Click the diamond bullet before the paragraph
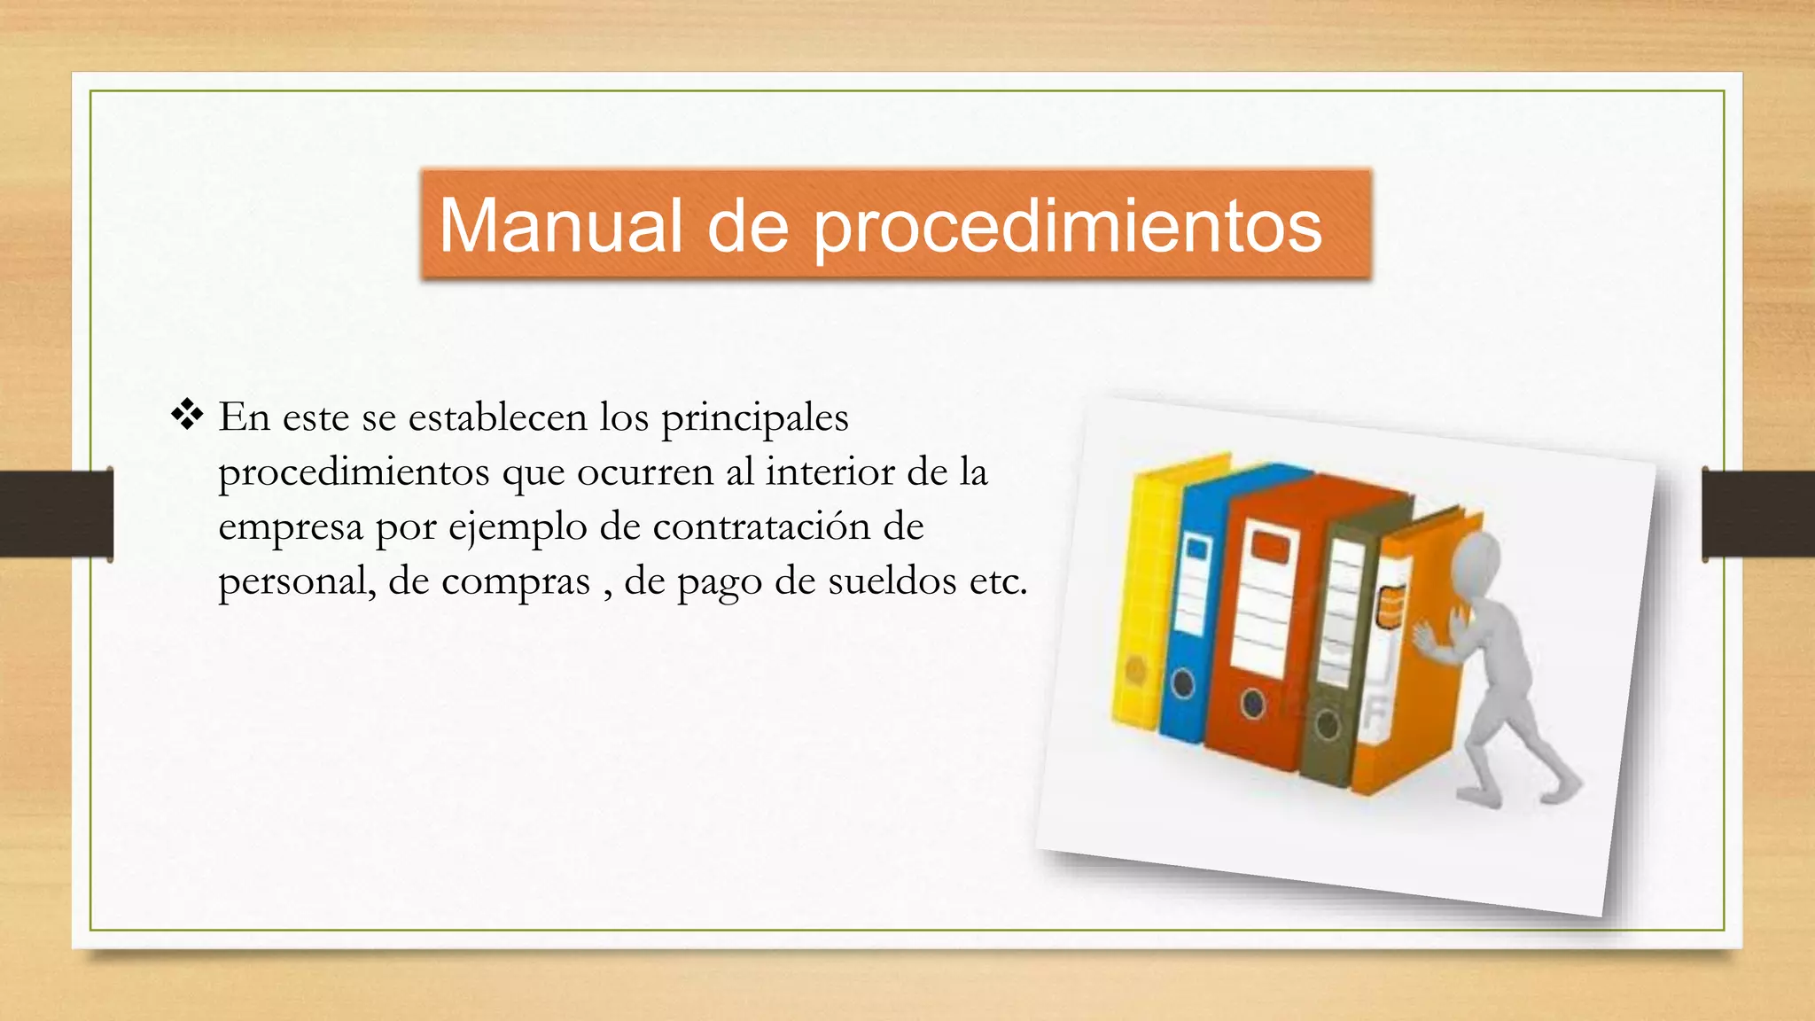(187, 415)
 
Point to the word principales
(754, 418)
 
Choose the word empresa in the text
(291, 528)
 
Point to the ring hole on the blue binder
(1182, 683)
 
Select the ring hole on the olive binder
(1327, 724)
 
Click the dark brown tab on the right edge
(1758, 514)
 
